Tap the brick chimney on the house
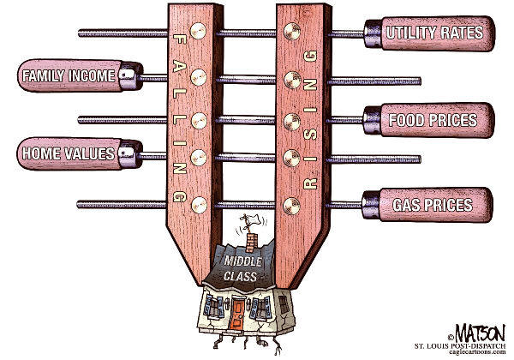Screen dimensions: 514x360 point(251,243)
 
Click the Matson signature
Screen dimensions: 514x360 point(479,333)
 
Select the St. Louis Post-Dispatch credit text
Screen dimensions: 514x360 point(460,346)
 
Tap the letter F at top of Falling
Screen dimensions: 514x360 point(180,40)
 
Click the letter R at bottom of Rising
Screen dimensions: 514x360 point(310,183)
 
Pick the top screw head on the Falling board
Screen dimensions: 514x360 point(198,31)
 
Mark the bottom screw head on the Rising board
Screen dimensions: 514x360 point(292,206)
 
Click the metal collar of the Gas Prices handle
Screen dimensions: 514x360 point(371,205)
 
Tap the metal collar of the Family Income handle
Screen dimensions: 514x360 point(131,76)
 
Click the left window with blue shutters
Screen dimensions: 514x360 point(213,307)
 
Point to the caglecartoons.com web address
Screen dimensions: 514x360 point(478,352)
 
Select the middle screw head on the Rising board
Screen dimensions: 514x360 point(292,122)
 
